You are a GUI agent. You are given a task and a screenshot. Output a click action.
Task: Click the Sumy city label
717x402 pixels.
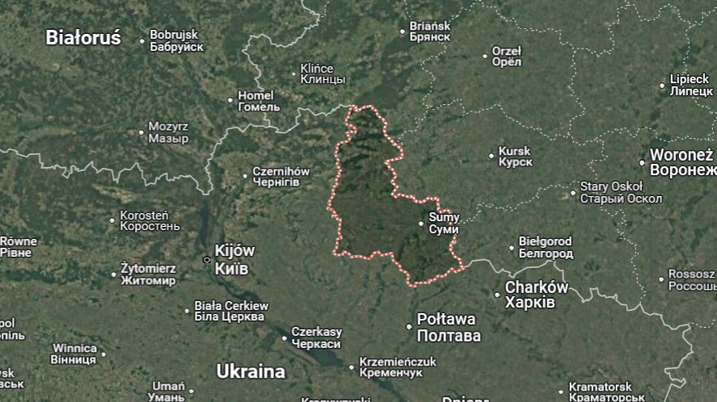444,223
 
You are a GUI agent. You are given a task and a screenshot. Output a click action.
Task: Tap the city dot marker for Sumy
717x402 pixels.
421,224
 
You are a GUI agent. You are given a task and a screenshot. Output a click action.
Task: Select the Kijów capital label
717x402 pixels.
234,258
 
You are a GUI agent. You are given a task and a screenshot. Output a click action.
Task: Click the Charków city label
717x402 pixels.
536,294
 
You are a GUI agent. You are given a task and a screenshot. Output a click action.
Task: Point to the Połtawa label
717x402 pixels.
448,327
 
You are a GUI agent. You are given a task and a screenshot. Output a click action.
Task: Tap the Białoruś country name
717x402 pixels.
82,37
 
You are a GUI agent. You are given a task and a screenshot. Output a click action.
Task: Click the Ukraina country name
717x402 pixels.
251,371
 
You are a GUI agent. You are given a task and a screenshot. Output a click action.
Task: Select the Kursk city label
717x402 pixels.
515,157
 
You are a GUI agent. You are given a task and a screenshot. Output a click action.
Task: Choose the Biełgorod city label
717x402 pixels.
545,247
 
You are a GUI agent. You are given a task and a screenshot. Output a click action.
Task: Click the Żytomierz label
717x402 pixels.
148,274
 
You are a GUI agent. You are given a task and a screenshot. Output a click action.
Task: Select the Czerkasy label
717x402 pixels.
317,337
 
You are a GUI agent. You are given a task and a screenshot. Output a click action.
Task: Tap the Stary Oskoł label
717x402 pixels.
621,192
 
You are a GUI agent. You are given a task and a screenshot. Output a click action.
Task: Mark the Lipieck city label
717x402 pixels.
690,85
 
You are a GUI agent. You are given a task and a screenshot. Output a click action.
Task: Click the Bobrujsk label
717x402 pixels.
175,40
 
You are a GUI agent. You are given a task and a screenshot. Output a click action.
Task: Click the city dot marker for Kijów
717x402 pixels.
207,260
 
